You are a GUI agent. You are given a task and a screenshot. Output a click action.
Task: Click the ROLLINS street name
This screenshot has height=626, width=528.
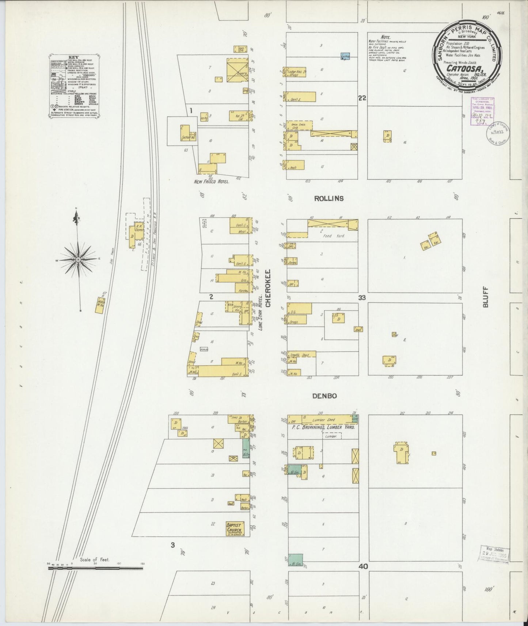(x=328, y=199)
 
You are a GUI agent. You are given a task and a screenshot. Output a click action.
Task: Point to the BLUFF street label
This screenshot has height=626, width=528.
(x=486, y=297)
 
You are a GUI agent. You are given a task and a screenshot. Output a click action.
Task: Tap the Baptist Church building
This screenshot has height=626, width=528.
(x=235, y=529)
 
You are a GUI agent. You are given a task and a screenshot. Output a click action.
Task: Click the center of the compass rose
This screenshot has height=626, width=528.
(x=78, y=259)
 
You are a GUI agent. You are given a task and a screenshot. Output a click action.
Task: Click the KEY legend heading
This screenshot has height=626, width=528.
(x=73, y=57)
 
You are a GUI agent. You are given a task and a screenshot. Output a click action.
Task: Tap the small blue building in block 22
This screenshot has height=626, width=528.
(x=345, y=56)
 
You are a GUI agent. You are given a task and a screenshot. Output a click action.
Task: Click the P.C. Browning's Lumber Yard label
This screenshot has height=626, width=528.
(x=322, y=427)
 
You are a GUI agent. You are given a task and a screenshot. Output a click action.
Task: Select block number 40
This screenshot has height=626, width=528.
(x=363, y=566)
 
